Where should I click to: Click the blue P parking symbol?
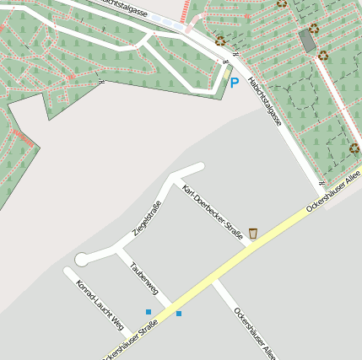(x=234, y=83)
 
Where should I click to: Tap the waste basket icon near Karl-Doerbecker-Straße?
(x=252, y=234)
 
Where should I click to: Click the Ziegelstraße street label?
(x=147, y=218)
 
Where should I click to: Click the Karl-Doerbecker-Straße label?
(x=212, y=212)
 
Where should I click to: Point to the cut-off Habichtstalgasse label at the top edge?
(x=127, y=6)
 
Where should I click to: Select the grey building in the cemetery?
(x=309, y=40)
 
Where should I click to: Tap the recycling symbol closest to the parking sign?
(x=220, y=40)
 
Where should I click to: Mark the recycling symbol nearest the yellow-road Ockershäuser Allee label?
(x=354, y=149)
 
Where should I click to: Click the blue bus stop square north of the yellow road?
(x=149, y=312)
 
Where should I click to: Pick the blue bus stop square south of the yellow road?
(x=179, y=314)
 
